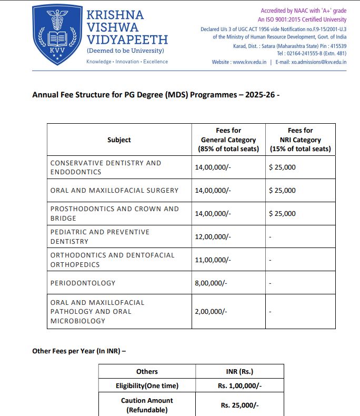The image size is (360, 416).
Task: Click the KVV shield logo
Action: pos(56,35)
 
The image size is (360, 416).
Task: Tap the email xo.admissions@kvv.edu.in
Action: pos(311,62)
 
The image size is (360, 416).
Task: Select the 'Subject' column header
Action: pos(119,140)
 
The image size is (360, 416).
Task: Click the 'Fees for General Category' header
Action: pos(228,140)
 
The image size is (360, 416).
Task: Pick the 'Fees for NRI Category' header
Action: pos(300,140)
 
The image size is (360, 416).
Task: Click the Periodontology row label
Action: pos(83,283)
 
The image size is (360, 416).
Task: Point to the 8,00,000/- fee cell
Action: pos(211,283)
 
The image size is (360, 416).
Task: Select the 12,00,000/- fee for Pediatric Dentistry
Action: pos(213,237)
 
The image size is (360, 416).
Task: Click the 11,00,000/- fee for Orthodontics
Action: pos(213,260)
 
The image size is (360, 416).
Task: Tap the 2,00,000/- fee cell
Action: pos(211,311)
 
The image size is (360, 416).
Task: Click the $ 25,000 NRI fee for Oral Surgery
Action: pos(282,191)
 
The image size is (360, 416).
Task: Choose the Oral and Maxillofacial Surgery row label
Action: pos(114,191)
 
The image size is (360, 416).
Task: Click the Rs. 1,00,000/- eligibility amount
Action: pos(239,386)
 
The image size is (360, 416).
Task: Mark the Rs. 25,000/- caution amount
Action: pos(239,405)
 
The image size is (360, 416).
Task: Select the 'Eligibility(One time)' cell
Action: pos(147,386)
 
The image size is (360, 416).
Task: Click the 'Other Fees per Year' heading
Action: pos(79,351)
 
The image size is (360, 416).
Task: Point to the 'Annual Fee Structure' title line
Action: pos(156,95)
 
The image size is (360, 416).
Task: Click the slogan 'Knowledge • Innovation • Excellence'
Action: pos(127,62)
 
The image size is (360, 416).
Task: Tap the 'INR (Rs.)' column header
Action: pos(239,371)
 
